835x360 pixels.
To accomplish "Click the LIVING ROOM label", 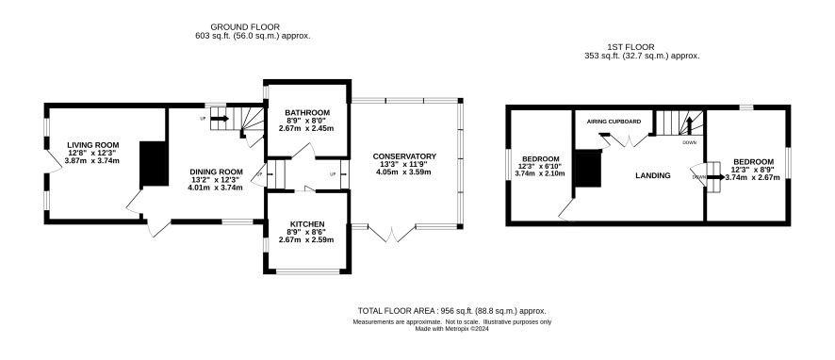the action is (x=92, y=145).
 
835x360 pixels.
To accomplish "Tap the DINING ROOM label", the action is (x=216, y=172).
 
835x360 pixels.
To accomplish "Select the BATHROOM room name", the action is (x=307, y=113).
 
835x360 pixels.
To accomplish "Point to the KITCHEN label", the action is (x=306, y=223).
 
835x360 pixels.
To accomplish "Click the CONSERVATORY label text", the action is (x=404, y=156).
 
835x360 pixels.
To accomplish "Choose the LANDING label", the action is (x=653, y=175).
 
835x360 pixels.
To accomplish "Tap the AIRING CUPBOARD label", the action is (x=614, y=122).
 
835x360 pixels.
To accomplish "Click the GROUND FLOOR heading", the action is (x=245, y=26).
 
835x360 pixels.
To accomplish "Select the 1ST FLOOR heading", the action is (x=630, y=47).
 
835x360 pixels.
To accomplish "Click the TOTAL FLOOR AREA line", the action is (x=452, y=311).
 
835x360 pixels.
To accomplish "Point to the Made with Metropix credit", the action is (x=452, y=329).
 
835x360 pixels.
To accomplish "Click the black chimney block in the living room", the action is (x=154, y=164).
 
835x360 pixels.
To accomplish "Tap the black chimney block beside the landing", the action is (x=588, y=169).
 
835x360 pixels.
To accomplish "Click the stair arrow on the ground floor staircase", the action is (x=220, y=118).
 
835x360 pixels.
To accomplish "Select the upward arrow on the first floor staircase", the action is (x=688, y=125).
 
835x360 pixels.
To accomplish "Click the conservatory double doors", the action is (x=392, y=235).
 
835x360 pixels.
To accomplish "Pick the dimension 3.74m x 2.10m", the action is (x=541, y=173).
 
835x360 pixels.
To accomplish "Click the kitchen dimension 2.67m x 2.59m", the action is (x=306, y=240).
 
